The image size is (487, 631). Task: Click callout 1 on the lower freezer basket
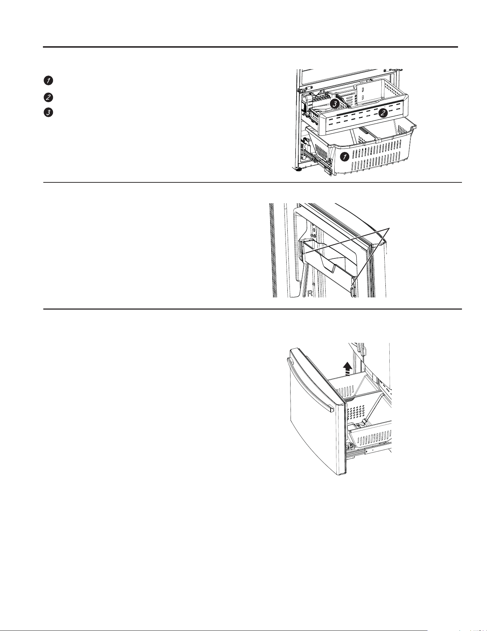pyautogui.click(x=345, y=157)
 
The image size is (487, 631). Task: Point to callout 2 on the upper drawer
pyautogui.click(x=383, y=113)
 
